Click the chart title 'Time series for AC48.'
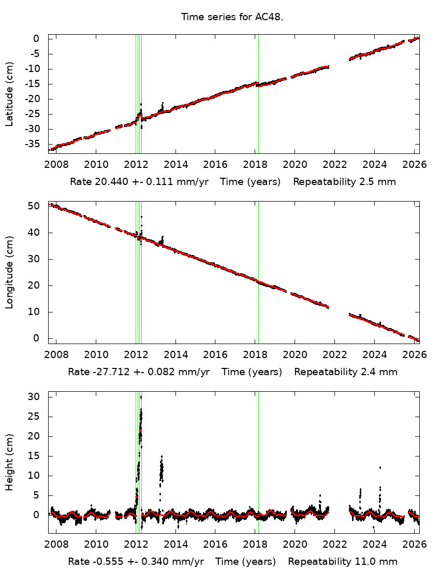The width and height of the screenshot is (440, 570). coord(232,17)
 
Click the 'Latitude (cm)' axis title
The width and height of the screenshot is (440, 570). coord(9,94)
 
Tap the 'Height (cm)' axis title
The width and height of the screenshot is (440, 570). coord(9,463)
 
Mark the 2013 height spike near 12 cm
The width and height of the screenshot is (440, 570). coord(162,469)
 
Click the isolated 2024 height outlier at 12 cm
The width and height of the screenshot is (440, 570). coord(380,467)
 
